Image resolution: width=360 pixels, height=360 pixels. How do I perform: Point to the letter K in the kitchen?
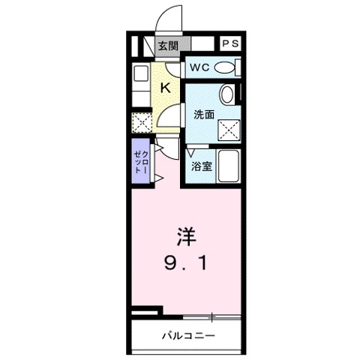(x=166, y=87)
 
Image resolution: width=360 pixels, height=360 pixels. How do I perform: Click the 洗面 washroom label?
(x=203, y=115)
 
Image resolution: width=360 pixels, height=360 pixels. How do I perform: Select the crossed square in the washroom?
(x=227, y=130)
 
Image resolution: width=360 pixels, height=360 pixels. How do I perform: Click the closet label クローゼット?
(x=139, y=160)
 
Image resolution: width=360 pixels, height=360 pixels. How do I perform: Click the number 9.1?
(x=186, y=263)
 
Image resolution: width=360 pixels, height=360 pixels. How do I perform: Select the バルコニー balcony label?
(x=187, y=335)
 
